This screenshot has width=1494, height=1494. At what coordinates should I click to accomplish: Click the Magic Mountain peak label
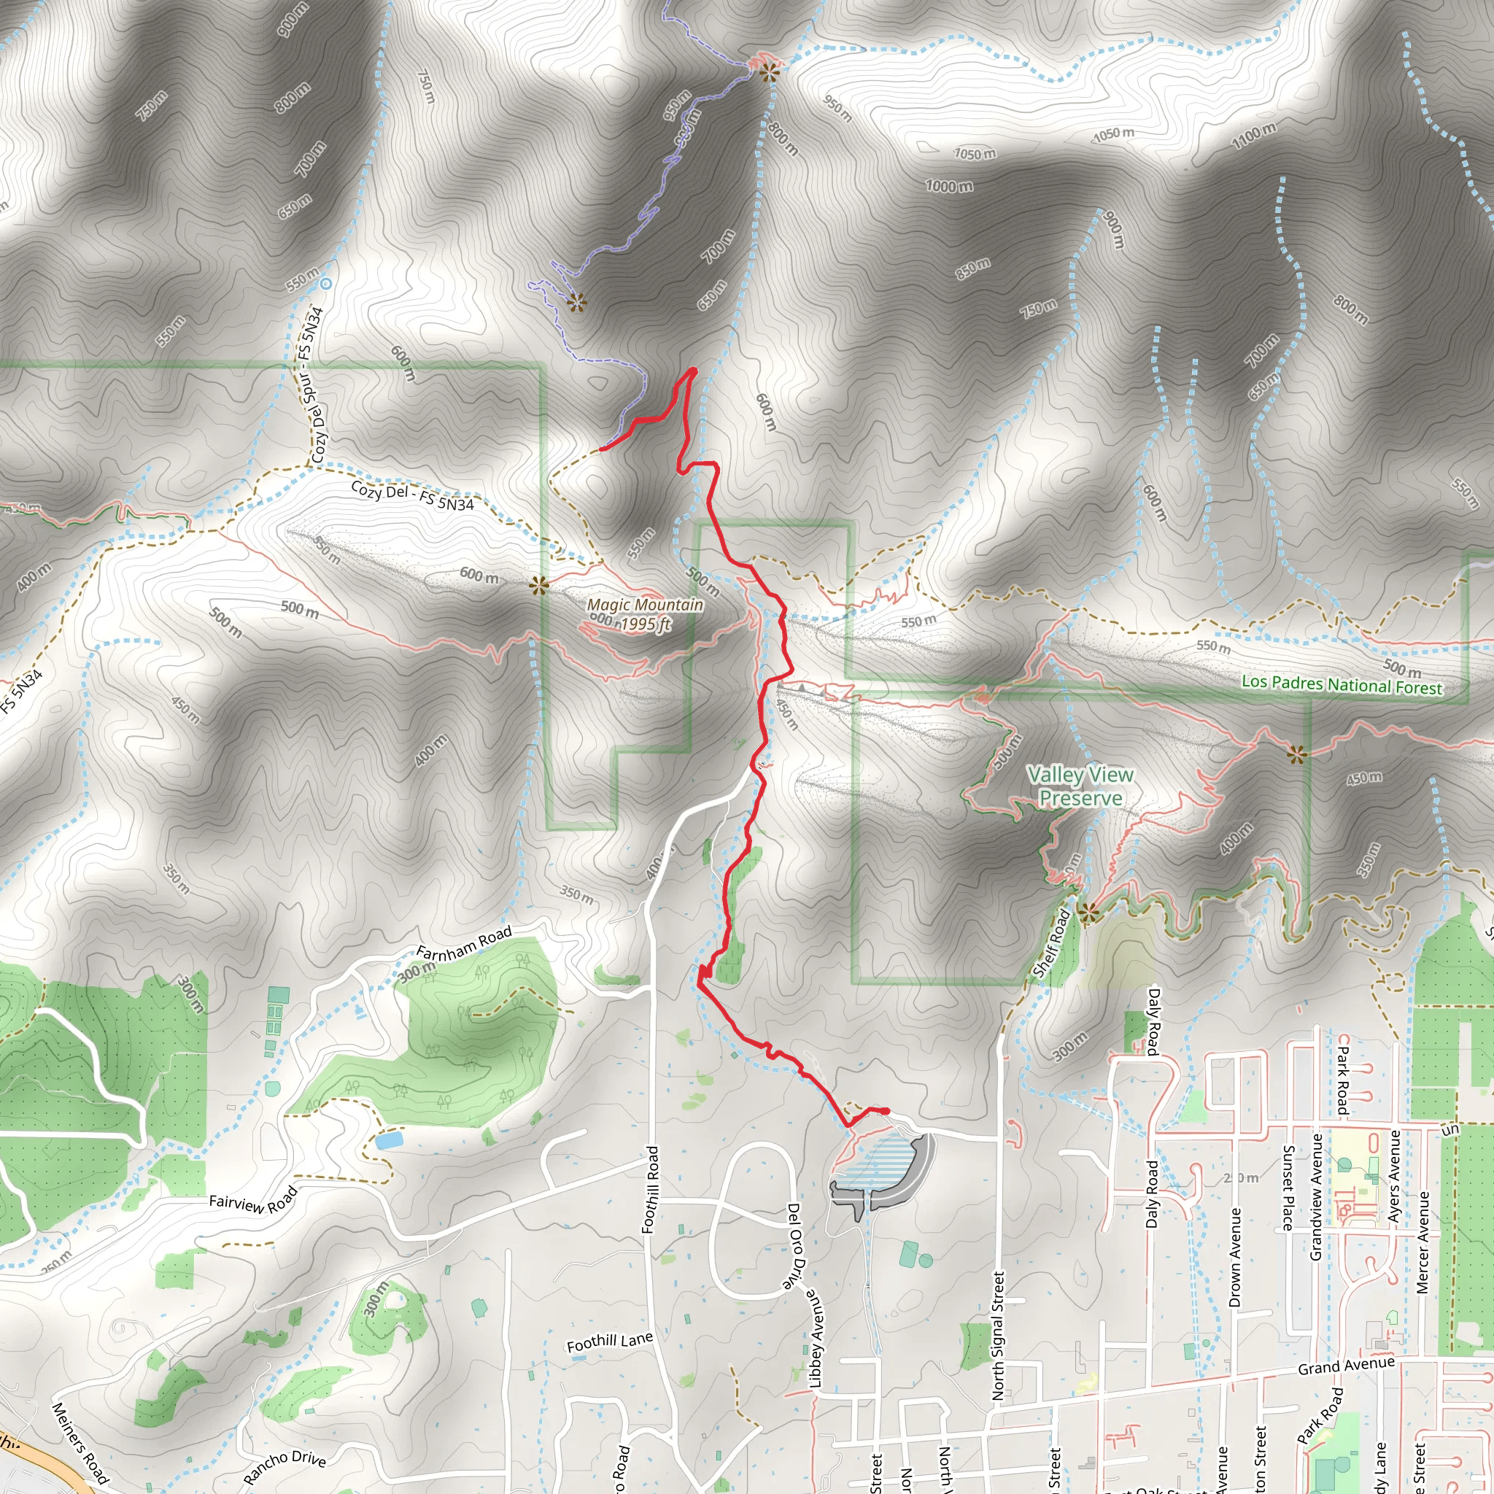(645, 605)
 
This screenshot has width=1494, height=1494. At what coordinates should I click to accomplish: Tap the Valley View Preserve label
(1080, 786)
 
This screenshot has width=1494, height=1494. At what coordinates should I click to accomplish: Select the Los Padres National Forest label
(1342, 685)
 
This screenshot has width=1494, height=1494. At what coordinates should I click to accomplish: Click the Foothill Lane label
(609, 1342)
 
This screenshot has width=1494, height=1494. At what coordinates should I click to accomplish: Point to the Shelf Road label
(1053, 944)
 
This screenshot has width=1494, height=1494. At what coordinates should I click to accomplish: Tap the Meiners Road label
(80, 1442)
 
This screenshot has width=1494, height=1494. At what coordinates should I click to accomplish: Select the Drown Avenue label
(1235, 1258)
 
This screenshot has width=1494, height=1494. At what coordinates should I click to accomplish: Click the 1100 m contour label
(1253, 136)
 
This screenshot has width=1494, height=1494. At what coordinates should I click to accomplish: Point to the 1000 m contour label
(949, 186)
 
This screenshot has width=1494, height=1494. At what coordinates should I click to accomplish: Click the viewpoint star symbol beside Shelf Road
(1089, 914)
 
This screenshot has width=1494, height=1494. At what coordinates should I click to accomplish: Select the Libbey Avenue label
(816, 1338)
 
